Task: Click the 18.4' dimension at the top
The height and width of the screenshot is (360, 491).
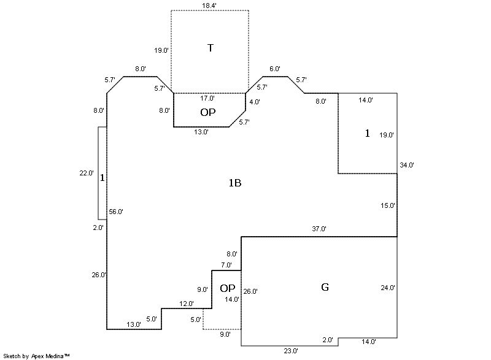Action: [209, 6]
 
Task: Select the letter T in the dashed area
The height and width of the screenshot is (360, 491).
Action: [210, 48]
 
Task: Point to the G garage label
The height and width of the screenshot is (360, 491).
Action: [325, 287]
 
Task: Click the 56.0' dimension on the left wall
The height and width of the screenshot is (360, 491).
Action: [116, 212]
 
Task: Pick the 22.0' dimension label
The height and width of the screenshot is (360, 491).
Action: [87, 174]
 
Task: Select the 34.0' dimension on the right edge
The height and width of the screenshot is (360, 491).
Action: [407, 165]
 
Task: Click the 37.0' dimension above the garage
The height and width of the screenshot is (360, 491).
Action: [319, 229]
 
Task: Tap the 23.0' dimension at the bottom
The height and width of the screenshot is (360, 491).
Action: [291, 351]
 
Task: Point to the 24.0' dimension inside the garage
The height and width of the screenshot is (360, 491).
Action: [387, 288]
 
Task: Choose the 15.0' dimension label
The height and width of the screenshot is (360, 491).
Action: [387, 205]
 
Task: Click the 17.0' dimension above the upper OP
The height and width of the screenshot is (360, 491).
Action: [207, 98]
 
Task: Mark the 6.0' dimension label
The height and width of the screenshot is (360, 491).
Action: [274, 69]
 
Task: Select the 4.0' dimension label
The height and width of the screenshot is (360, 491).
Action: [255, 102]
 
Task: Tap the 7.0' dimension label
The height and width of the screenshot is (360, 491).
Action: [226, 265]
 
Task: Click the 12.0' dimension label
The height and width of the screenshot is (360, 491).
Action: [187, 304]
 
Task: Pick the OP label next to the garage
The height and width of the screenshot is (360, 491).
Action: [228, 288]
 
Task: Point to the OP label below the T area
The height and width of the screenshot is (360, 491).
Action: [208, 112]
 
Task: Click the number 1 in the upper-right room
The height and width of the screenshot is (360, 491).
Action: [368, 133]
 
